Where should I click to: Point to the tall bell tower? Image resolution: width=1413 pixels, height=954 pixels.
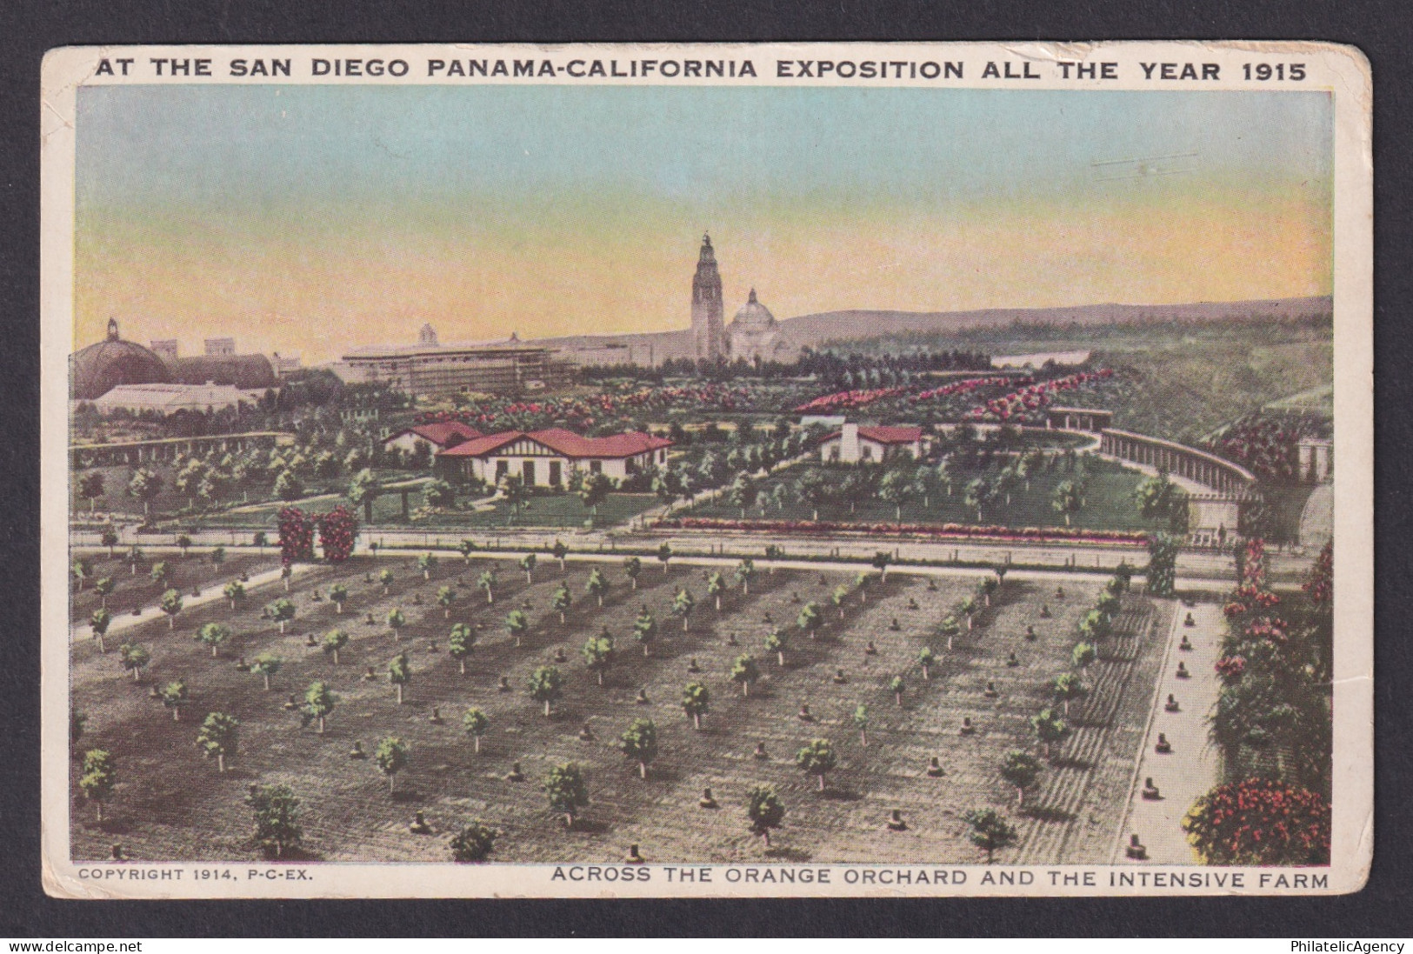706,296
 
